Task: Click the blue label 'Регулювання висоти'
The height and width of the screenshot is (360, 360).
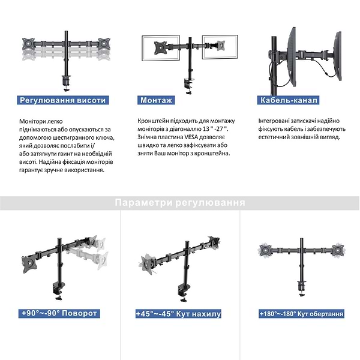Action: (x=63, y=100)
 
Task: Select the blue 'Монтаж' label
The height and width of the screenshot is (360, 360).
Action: (x=157, y=100)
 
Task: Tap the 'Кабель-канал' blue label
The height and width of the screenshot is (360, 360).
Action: (x=288, y=100)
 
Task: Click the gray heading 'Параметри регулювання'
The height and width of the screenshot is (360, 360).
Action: (x=180, y=203)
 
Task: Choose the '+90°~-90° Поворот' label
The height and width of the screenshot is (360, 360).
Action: (x=59, y=313)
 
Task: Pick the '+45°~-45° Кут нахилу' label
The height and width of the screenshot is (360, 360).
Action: (x=179, y=313)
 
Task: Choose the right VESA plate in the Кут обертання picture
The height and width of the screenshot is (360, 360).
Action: (x=338, y=248)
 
